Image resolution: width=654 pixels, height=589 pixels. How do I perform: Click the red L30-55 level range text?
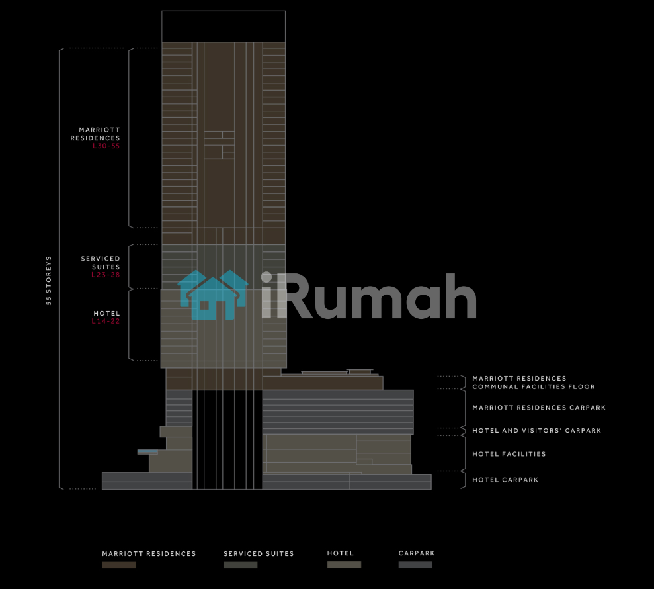[x=106, y=146]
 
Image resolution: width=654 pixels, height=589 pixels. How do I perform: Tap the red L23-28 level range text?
[x=106, y=275]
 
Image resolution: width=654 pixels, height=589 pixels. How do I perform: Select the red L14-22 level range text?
[x=106, y=322]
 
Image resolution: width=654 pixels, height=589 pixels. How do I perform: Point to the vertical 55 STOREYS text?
[x=49, y=280]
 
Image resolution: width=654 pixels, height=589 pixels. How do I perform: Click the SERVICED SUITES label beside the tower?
[x=101, y=263]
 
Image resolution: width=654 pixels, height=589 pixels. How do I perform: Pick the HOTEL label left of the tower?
[x=107, y=314]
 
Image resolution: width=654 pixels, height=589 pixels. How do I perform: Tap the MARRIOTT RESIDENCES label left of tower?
[x=96, y=134]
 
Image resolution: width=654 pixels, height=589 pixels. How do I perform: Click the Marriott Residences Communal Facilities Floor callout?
[x=533, y=383]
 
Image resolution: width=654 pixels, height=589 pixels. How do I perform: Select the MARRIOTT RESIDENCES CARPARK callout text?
[x=538, y=408]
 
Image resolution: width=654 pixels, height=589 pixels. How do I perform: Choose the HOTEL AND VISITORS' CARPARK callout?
[x=536, y=431]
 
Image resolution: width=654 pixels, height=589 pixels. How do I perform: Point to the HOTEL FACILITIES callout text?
[x=509, y=454]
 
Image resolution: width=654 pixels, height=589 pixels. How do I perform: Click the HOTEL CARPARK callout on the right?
[x=505, y=480]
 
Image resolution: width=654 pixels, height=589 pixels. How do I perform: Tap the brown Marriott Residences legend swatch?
[x=119, y=565]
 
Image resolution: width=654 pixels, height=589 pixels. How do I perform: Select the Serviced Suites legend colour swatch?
[x=240, y=565]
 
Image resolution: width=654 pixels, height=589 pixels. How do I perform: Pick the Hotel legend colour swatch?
[x=344, y=565]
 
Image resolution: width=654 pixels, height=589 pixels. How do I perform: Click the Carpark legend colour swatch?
[x=415, y=565]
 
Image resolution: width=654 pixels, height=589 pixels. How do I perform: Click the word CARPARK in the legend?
[x=417, y=553]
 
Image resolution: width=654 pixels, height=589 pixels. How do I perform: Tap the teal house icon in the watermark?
[x=213, y=295]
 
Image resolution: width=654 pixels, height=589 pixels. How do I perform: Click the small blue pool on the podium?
[x=147, y=452]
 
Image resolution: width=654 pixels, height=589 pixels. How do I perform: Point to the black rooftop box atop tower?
[x=224, y=26]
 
